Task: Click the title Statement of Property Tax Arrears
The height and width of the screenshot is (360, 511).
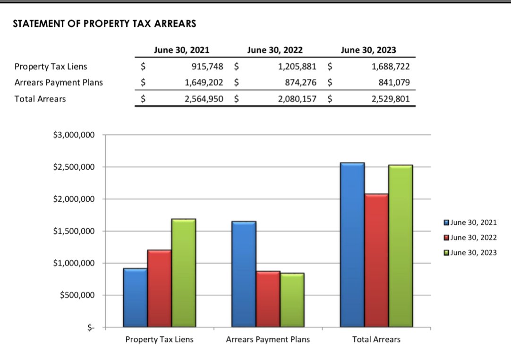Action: coord(104,24)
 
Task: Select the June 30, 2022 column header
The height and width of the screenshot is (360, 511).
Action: coord(275,50)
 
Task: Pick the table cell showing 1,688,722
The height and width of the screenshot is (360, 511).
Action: coord(391,67)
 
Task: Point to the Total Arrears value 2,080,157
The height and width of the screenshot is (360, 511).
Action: coord(297,99)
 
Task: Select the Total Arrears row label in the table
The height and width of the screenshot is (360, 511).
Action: coord(40,99)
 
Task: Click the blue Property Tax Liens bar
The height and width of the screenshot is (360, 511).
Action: coord(135,298)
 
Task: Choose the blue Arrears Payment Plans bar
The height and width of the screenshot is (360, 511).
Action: coord(244,274)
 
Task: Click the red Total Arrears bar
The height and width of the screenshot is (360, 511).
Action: coord(376,260)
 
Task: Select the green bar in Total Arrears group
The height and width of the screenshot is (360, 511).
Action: coord(400,246)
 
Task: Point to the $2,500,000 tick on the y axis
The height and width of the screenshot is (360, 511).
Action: coord(75,167)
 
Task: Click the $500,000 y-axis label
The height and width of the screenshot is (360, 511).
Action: coord(78,295)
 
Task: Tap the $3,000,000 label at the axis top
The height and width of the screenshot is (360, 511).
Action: coord(75,135)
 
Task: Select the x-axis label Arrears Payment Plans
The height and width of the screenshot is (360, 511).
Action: coord(268,340)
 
